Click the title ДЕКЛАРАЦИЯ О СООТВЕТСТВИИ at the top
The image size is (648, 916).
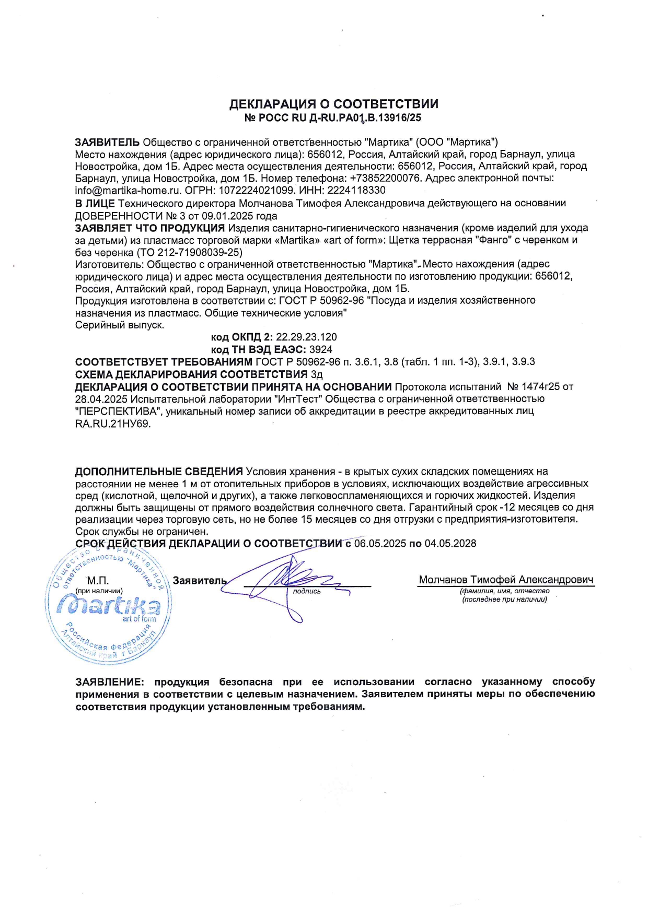[333, 104]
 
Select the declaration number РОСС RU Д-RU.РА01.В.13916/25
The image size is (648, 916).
[340, 118]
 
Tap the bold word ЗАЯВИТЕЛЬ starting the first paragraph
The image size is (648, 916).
[107, 142]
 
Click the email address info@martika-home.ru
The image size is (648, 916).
[128, 191]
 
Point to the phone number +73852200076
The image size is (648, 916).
[385, 179]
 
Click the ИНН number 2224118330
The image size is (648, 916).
[357, 191]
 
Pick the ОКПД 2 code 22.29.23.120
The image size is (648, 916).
[306, 337]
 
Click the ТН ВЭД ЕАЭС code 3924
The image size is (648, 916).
[321, 349]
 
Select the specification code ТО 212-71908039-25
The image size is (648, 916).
[191, 252]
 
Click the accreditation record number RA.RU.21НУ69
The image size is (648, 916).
[113, 424]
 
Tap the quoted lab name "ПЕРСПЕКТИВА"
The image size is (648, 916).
[119, 412]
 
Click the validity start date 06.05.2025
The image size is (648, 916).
[380, 544]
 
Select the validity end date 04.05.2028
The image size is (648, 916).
[450, 544]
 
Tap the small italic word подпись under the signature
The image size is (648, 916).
[307, 591]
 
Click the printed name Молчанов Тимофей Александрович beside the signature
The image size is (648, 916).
[506, 580]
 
